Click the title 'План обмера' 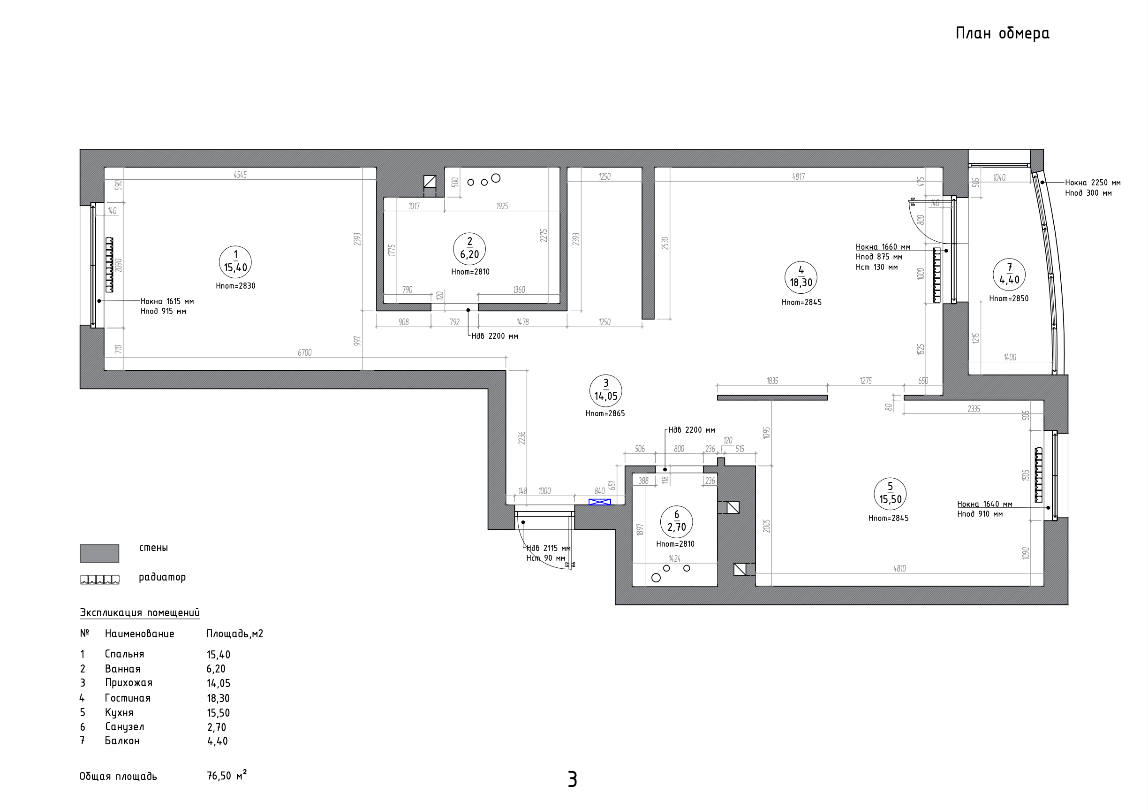coord(1002,33)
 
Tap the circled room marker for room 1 coord(235,262)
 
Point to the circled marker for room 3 coord(605,390)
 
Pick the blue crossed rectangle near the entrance coord(599,502)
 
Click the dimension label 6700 coord(304,353)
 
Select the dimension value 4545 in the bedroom coord(240,175)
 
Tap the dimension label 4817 coord(799,176)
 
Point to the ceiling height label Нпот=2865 coord(605,414)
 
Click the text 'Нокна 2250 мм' coord(1093,183)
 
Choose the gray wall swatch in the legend coord(99,553)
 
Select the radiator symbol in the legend coord(100,580)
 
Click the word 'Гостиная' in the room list coord(128,698)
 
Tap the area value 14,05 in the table coord(219,683)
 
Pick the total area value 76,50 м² coord(227,775)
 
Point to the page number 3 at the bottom coord(573,779)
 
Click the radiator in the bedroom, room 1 coord(109,265)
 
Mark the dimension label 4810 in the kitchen coord(899,568)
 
